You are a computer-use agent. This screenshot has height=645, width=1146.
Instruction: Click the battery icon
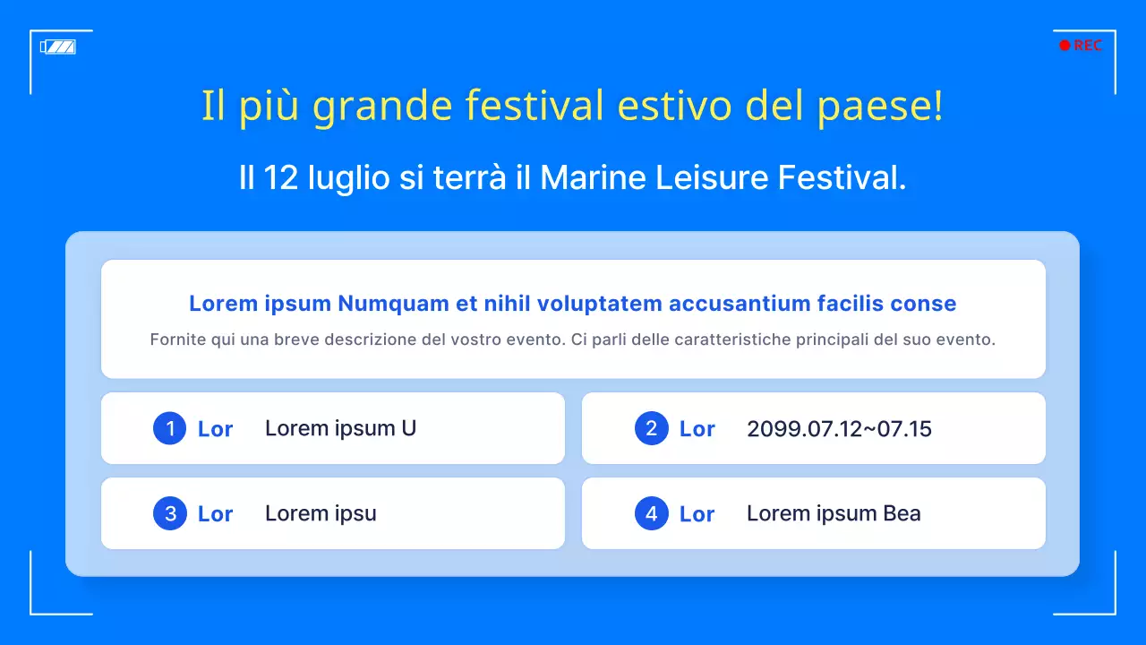(58, 47)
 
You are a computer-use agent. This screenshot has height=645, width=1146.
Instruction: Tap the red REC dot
(1065, 46)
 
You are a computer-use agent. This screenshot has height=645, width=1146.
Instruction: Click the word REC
(1088, 46)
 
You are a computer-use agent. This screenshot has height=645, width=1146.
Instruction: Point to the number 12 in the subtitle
(281, 177)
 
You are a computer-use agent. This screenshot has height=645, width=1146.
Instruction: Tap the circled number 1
(170, 428)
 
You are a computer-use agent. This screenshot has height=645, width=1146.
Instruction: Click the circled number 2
(652, 428)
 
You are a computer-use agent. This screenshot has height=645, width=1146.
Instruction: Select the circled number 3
(170, 513)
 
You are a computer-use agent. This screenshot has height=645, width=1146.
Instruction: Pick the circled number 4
(652, 513)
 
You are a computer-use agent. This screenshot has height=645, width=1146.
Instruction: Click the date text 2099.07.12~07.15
(839, 428)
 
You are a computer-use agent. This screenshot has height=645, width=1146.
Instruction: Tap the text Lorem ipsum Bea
(834, 513)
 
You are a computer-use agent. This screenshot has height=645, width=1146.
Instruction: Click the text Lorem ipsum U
(340, 428)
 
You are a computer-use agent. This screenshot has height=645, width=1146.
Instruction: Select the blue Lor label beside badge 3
(215, 514)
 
